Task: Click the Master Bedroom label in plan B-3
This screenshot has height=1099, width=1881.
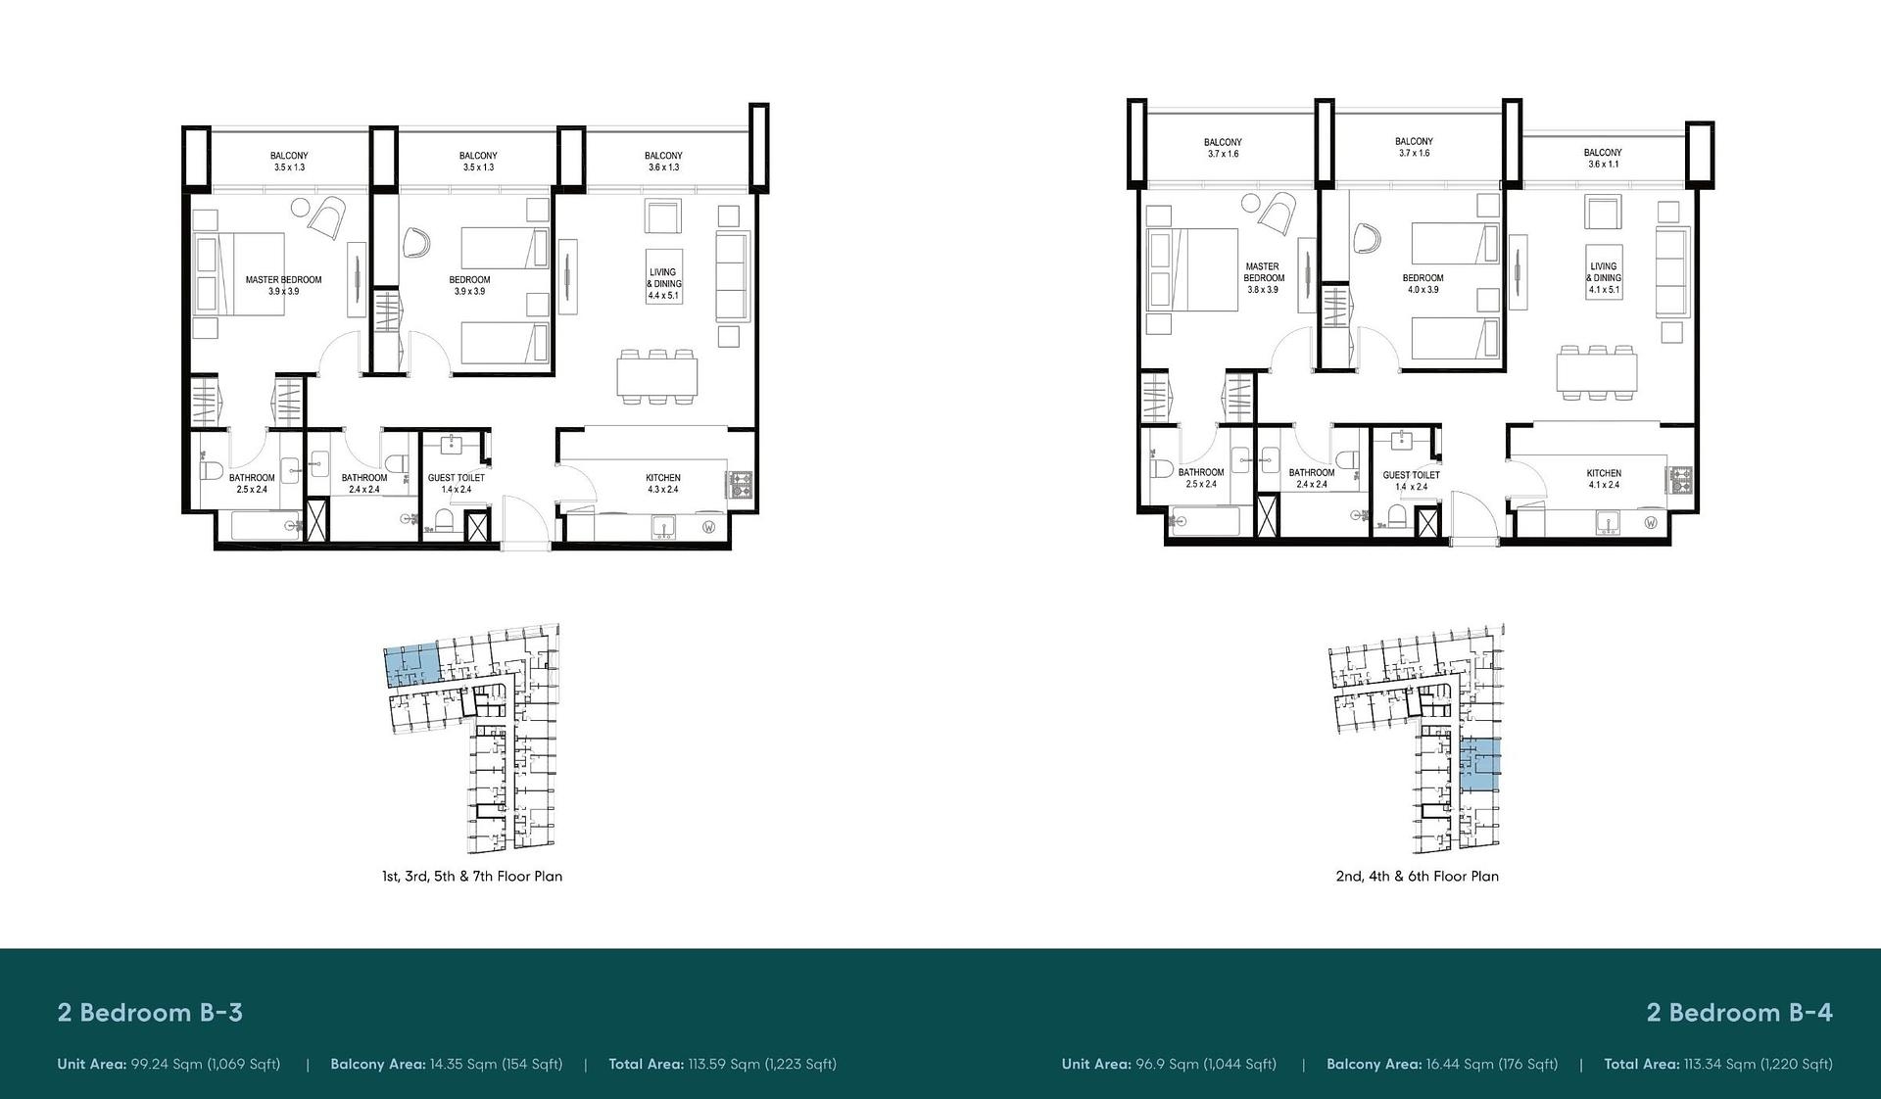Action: [283, 285]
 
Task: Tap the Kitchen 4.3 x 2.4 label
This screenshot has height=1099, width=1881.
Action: [663, 484]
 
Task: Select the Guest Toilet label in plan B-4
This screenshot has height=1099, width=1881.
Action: [1412, 481]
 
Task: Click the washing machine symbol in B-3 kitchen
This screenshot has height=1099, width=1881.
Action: [708, 527]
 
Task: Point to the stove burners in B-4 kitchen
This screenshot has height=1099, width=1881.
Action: [1682, 479]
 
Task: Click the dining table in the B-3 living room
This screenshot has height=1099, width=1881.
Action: [657, 377]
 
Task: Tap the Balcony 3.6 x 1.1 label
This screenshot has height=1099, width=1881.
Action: [1603, 159]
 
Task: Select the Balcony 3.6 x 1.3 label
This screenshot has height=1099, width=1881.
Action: [663, 162]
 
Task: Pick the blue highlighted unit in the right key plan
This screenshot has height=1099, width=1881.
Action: [1479, 766]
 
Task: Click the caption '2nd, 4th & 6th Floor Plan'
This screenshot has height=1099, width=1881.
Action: [1417, 877]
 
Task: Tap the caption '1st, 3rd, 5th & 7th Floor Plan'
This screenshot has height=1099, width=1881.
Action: [472, 877]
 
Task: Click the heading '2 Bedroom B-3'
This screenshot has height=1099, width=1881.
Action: [150, 1013]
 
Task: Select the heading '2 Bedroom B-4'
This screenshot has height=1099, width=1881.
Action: [1739, 1013]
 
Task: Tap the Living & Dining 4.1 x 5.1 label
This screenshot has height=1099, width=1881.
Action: [1604, 278]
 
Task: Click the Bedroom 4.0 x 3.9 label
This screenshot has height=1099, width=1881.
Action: [1423, 284]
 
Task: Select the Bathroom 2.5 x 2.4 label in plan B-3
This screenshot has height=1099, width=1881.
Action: [252, 484]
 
